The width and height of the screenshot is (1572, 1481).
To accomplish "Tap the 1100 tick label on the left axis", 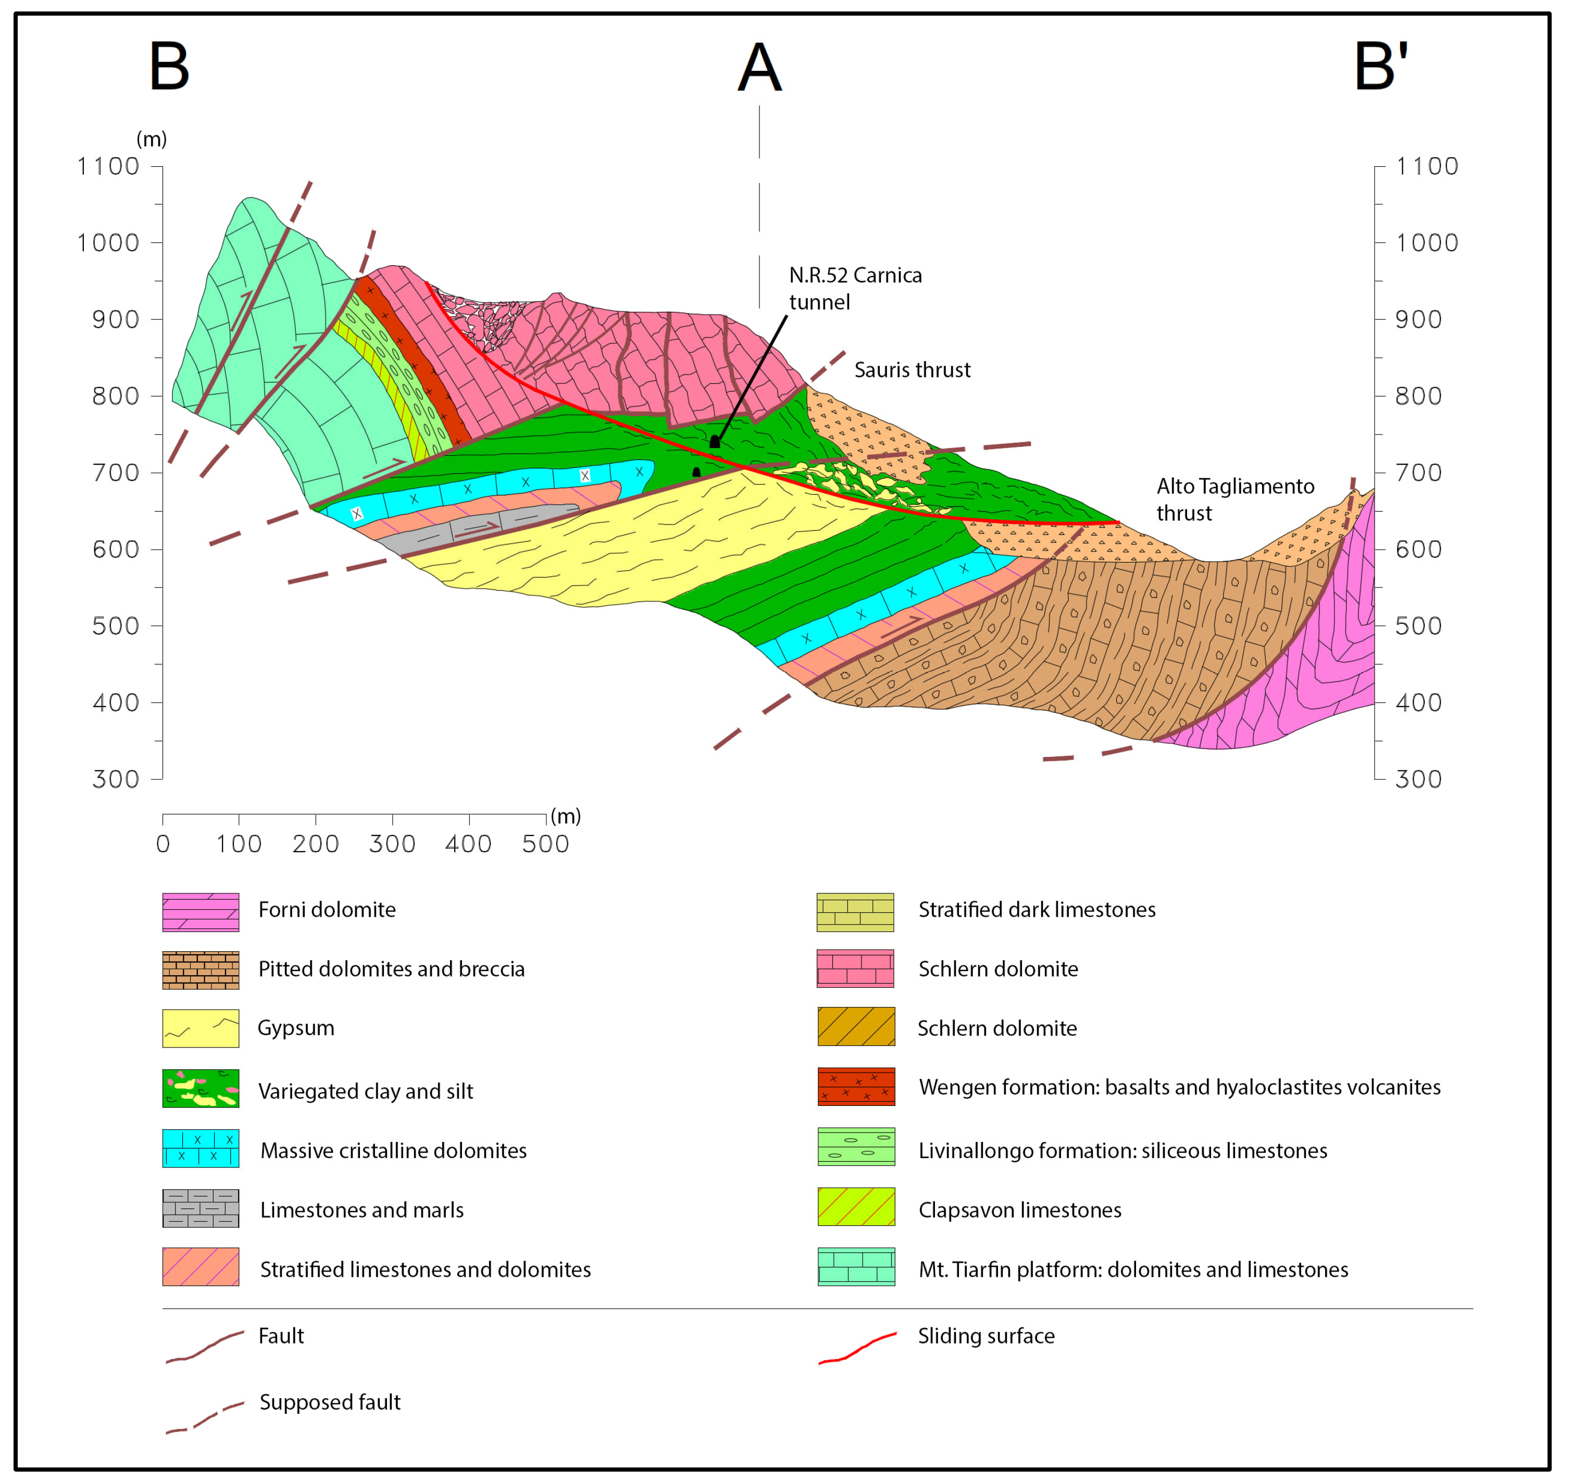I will pos(108,167).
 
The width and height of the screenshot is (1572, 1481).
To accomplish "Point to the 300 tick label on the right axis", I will pos(1418,780).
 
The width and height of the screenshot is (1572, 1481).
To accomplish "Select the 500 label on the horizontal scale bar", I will pos(545,844).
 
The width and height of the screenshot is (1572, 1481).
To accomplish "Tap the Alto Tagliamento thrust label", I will pos(1234,499).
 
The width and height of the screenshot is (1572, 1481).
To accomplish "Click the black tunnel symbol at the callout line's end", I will pos(715,441).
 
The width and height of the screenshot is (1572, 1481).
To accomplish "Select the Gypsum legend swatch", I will pos(201,1028).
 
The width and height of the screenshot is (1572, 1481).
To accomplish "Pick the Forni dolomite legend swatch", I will pos(201,912).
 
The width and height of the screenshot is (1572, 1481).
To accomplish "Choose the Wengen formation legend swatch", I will pos(856,1087).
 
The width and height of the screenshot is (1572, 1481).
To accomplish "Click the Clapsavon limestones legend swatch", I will pos(856,1206).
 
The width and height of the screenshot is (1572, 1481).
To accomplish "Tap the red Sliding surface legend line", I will pos(857,1347).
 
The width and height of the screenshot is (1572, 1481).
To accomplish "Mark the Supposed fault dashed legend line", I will pos(204,1417).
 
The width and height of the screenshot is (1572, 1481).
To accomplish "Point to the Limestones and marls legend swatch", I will pos(201,1208).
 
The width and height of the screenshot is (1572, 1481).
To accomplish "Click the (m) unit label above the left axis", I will pos(151,139).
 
